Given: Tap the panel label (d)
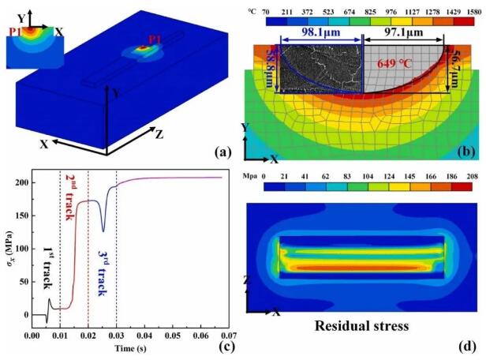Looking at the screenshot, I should coord(465,344).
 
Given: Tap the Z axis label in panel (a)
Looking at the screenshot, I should coord(160,134).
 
